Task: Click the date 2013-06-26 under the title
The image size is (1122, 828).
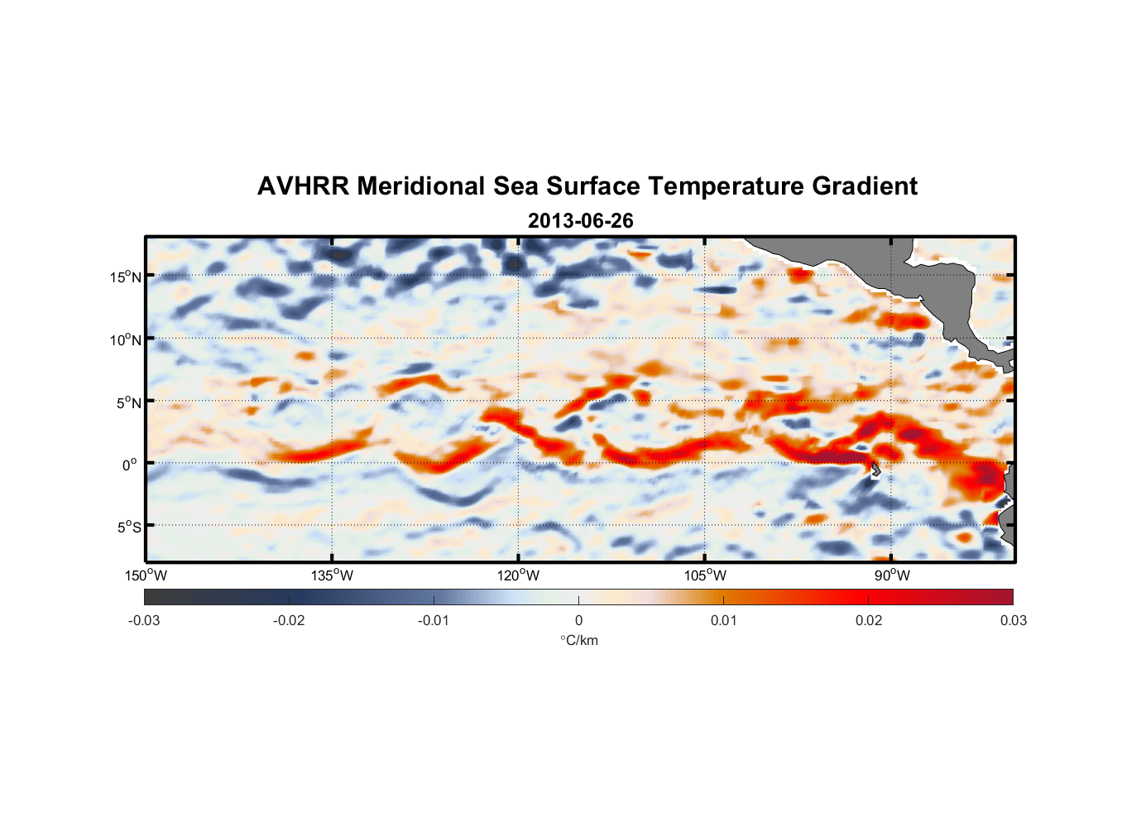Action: coord(580,221)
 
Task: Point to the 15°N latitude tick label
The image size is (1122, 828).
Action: coord(125,277)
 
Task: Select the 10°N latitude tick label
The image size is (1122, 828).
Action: coord(125,339)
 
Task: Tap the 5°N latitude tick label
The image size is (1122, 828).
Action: coord(128,402)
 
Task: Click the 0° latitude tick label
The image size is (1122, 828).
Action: coord(130,465)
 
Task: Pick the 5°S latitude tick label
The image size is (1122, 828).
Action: coord(128,527)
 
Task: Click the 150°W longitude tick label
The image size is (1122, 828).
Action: coord(146,575)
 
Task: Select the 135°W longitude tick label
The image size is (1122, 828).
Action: coord(333,575)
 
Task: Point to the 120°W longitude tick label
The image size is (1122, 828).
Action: coord(519,575)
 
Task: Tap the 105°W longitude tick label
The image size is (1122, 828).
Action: coord(705,575)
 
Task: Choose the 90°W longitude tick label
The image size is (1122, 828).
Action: coord(892,575)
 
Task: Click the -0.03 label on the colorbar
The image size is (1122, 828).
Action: coord(144,621)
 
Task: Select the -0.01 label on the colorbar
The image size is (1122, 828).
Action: coord(434,621)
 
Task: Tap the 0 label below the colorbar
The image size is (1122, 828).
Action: coord(578,621)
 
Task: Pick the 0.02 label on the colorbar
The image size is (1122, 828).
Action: coord(869,621)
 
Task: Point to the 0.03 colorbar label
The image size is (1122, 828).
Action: coord(1013,621)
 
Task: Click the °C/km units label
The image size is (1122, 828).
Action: coord(578,640)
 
